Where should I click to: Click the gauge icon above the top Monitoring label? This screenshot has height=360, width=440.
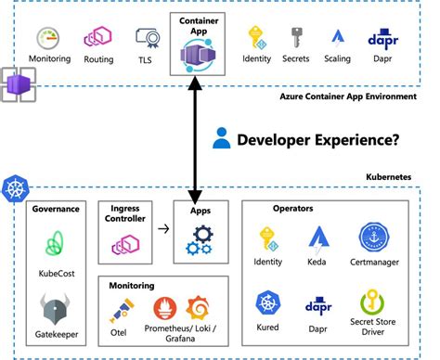(x=49, y=38)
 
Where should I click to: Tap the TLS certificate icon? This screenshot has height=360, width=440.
(x=145, y=38)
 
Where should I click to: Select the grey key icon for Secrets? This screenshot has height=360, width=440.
(x=295, y=37)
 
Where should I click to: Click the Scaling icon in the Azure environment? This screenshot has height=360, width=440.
(x=338, y=37)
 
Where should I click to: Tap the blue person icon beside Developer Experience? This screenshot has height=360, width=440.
(x=220, y=139)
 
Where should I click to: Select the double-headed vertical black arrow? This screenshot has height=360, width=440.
(x=194, y=139)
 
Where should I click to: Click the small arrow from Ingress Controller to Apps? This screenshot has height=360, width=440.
(x=162, y=226)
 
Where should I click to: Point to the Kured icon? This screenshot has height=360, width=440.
(x=268, y=303)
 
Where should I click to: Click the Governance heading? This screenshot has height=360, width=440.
(x=56, y=209)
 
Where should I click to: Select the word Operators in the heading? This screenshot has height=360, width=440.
(x=291, y=209)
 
